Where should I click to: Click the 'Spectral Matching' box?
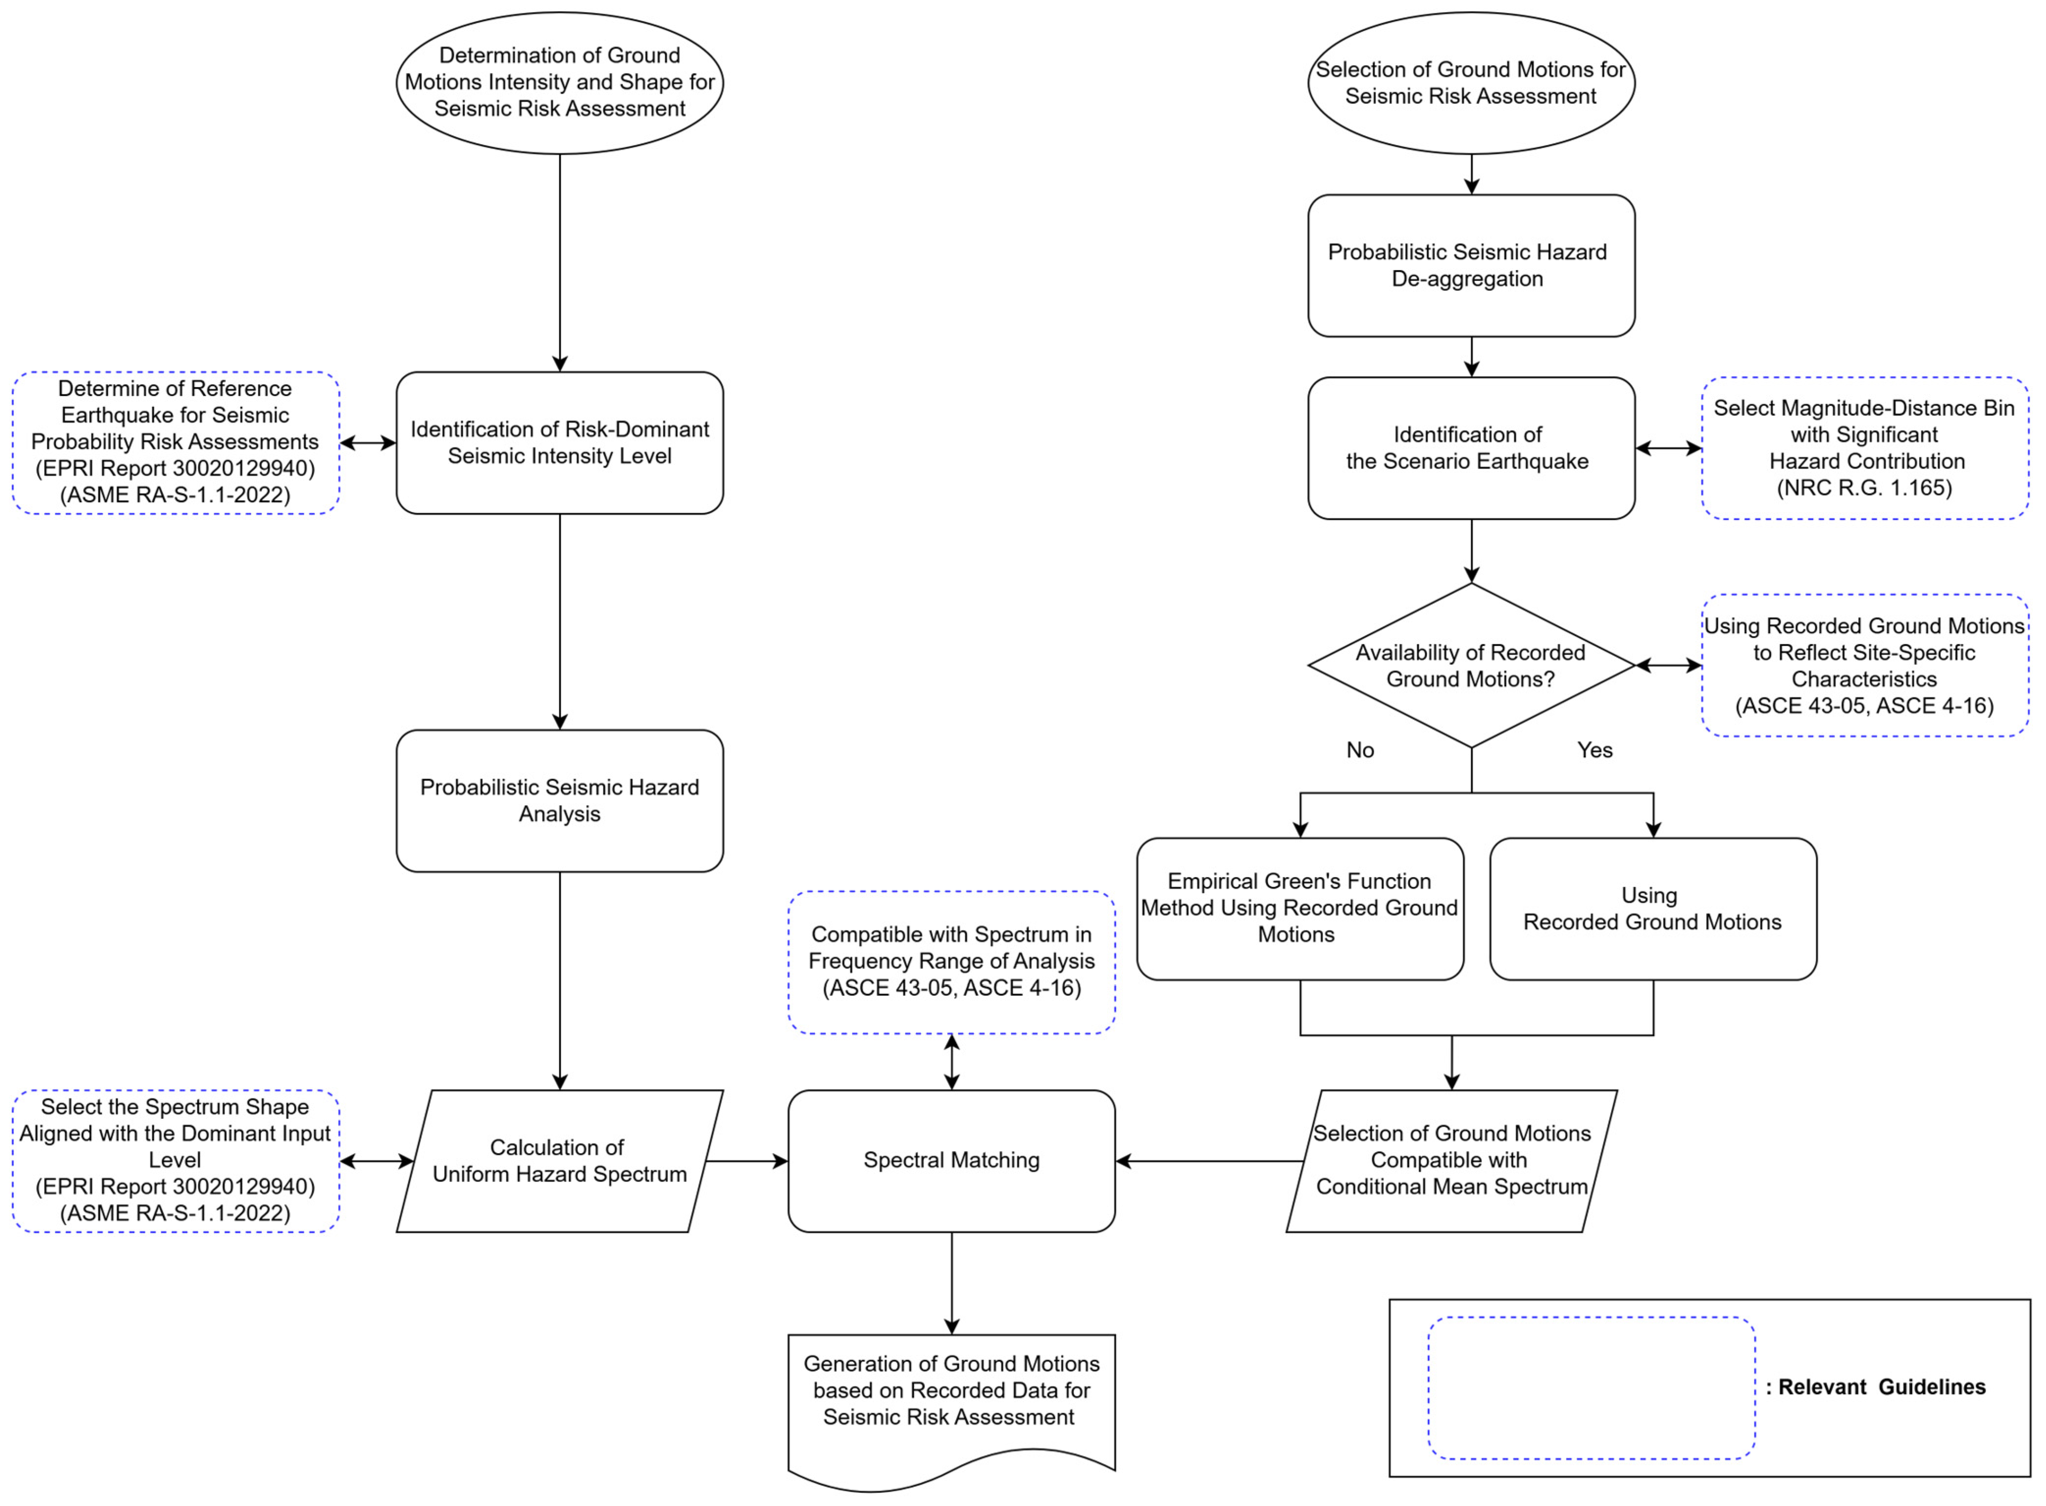pyautogui.click(x=951, y=1160)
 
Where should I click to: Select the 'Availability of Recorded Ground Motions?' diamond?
pyautogui.click(x=1471, y=666)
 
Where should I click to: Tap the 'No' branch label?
pyautogui.click(x=1360, y=750)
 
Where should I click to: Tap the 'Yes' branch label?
pyautogui.click(x=1594, y=750)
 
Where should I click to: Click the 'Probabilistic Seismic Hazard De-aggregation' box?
pyautogui.click(x=1471, y=265)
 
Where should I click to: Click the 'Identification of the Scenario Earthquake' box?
pyautogui.click(x=1471, y=447)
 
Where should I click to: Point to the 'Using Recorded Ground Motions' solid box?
pyautogui.click(x=1652, y=908)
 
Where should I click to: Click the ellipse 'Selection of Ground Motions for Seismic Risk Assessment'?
pyautogui.click(x=1471, y=83)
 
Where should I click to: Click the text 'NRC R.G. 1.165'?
pyautogui.click(x=1864, y=488)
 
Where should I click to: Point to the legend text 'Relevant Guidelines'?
pyautogui.click(x=1881, y=1386)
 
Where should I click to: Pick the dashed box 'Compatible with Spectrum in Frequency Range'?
pyautogui.click(x=951, y=962)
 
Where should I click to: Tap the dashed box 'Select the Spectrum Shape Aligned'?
pyautogui.click(x=175, y=1160)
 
